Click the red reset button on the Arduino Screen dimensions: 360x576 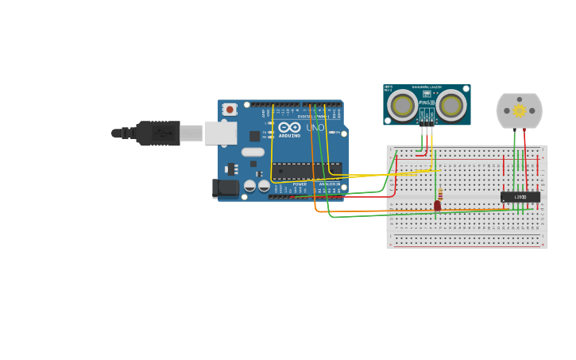coord(230,109)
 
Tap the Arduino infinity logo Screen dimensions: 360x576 coord(289,127)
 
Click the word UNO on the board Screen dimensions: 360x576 coord(315,127)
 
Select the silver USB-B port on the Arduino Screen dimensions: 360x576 coord(221,133)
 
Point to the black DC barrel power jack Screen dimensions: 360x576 coord(226,188)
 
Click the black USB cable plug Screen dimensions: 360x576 coord(158,133)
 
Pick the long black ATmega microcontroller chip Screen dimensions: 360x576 coord(306,169)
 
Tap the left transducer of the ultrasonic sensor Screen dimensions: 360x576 coord(403,106)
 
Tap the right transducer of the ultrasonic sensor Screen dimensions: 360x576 coord(450,106)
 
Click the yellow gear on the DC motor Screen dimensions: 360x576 coord(520,110)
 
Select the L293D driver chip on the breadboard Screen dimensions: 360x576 coord(520,196)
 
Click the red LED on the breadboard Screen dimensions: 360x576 coord(437,206)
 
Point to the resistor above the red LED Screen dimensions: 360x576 coord(440,193)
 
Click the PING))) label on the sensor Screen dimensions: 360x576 coord(427,103)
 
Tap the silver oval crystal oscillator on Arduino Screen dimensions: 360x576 coord(253,152)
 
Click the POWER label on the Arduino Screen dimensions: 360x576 coord(300,184)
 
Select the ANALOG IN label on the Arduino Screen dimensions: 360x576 coord(329,184)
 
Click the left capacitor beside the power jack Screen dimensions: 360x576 coord(249,186)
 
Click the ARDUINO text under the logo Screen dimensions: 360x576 coord(289,135)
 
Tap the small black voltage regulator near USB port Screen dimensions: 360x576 coord(231,168)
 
